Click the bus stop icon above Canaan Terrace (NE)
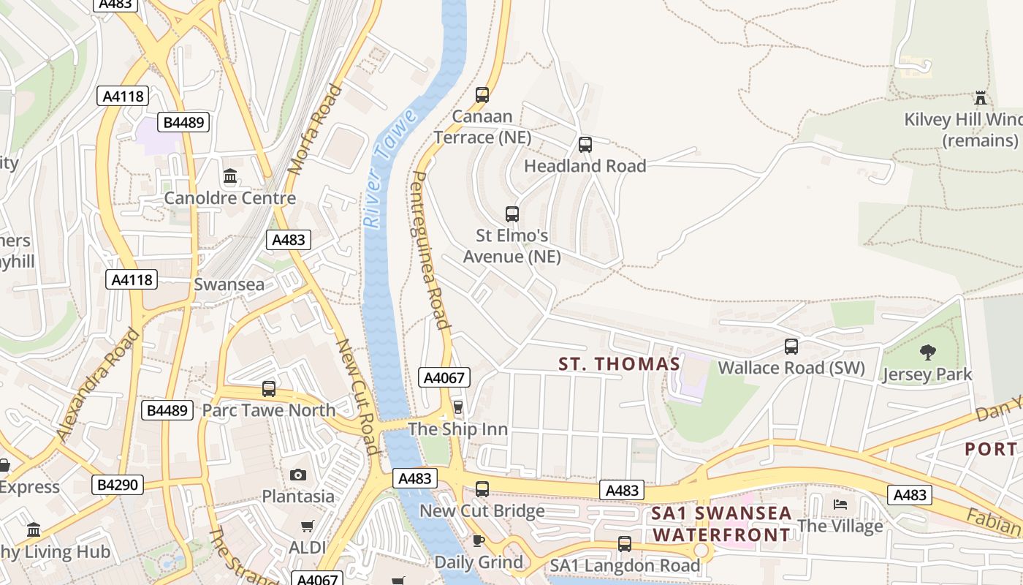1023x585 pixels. pos(482,94)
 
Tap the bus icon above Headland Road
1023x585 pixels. pos(585,144)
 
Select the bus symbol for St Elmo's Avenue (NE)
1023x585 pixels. pos(512,214)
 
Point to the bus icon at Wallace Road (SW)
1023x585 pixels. pos(791,346)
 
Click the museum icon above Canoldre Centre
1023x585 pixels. pos(230,176)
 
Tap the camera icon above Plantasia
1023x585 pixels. pos(297,475)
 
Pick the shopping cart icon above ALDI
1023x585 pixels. pos(308,526)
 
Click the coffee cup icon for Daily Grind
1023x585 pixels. pos(478,540)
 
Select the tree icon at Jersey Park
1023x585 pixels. pos(927,352)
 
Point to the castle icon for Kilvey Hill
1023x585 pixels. pos(980,97)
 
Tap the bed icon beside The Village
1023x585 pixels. pos(840,504)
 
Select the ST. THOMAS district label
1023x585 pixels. pos(620,363)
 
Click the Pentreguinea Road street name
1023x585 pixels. pos(430,250)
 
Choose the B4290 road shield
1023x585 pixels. pos(118,484)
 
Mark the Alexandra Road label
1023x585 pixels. pos(98,385)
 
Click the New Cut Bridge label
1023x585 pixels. pos(482,510)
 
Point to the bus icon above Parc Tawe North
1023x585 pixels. pos(269,389)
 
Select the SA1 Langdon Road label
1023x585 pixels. pos(625,565)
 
